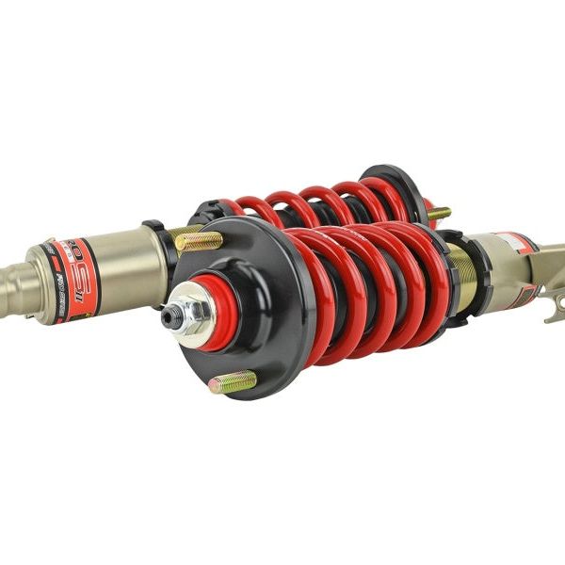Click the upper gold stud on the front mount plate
point(198,241)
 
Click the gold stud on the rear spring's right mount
point(439,214)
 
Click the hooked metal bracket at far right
point(555,306)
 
